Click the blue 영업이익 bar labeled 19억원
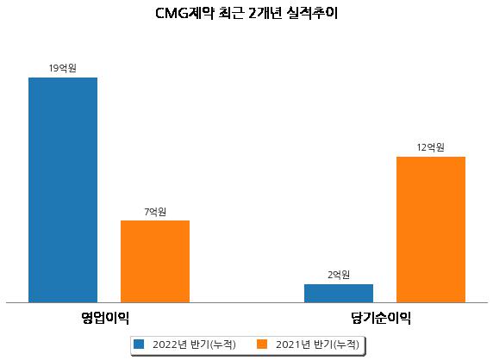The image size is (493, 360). (x=63, y=190)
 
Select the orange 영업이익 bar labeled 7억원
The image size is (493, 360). (x=155, y=261)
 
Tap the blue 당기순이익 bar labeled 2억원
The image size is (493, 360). (x=339, y=294)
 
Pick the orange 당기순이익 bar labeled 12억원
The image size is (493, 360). (x=431, y=230)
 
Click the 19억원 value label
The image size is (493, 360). (x=63, y=68)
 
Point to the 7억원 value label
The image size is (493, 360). (x=155, y=212)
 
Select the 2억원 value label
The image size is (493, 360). (x=339, y=275)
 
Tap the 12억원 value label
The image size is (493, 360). (x=430, y=147)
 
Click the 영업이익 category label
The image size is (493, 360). (x=105, y=318)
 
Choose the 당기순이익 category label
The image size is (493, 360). (x=381, y=318)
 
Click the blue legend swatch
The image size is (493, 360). (x=139, y=344)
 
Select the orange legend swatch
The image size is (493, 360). (x=262, y=344)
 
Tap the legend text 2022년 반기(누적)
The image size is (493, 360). (x=194, y=344)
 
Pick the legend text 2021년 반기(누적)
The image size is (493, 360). (x=317, y=344)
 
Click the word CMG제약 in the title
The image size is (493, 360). (x=185, y=13)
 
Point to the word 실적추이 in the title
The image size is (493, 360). (x=312, y=13)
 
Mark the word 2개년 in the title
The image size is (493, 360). (x=265, y=13)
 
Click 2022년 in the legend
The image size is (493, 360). (x=170, y=344)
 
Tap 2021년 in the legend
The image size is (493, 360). (x=293, y=344)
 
